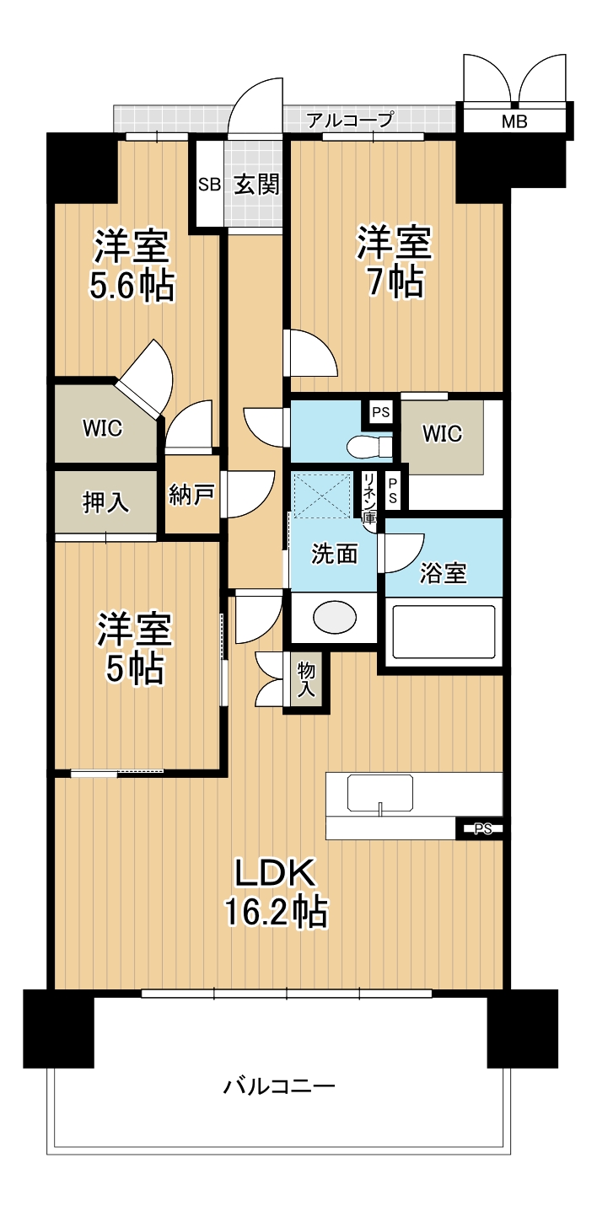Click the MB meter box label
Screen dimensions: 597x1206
pos(514,121)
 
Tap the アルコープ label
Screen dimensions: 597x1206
pos(350,119)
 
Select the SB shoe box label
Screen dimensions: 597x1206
pos(209,185)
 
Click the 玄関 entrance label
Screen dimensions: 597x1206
pos(256,185)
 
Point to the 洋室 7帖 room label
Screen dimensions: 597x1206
pos(395,261)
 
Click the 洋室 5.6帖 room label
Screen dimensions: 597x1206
pos(132,265)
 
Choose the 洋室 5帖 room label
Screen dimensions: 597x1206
pos(133,648)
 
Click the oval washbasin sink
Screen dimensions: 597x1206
pos(335,616)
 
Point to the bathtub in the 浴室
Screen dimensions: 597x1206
pos(444,632)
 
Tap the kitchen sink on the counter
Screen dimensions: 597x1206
pos(379,793)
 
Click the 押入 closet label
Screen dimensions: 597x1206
pos(105,502)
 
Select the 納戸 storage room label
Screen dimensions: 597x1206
pos(191,494)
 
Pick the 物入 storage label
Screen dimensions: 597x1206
pos(306,680)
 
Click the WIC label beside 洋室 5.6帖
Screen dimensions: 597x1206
pos(102,429)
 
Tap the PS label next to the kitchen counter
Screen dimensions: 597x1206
pos(483,829)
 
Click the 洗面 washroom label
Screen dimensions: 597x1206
pos(335,554)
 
